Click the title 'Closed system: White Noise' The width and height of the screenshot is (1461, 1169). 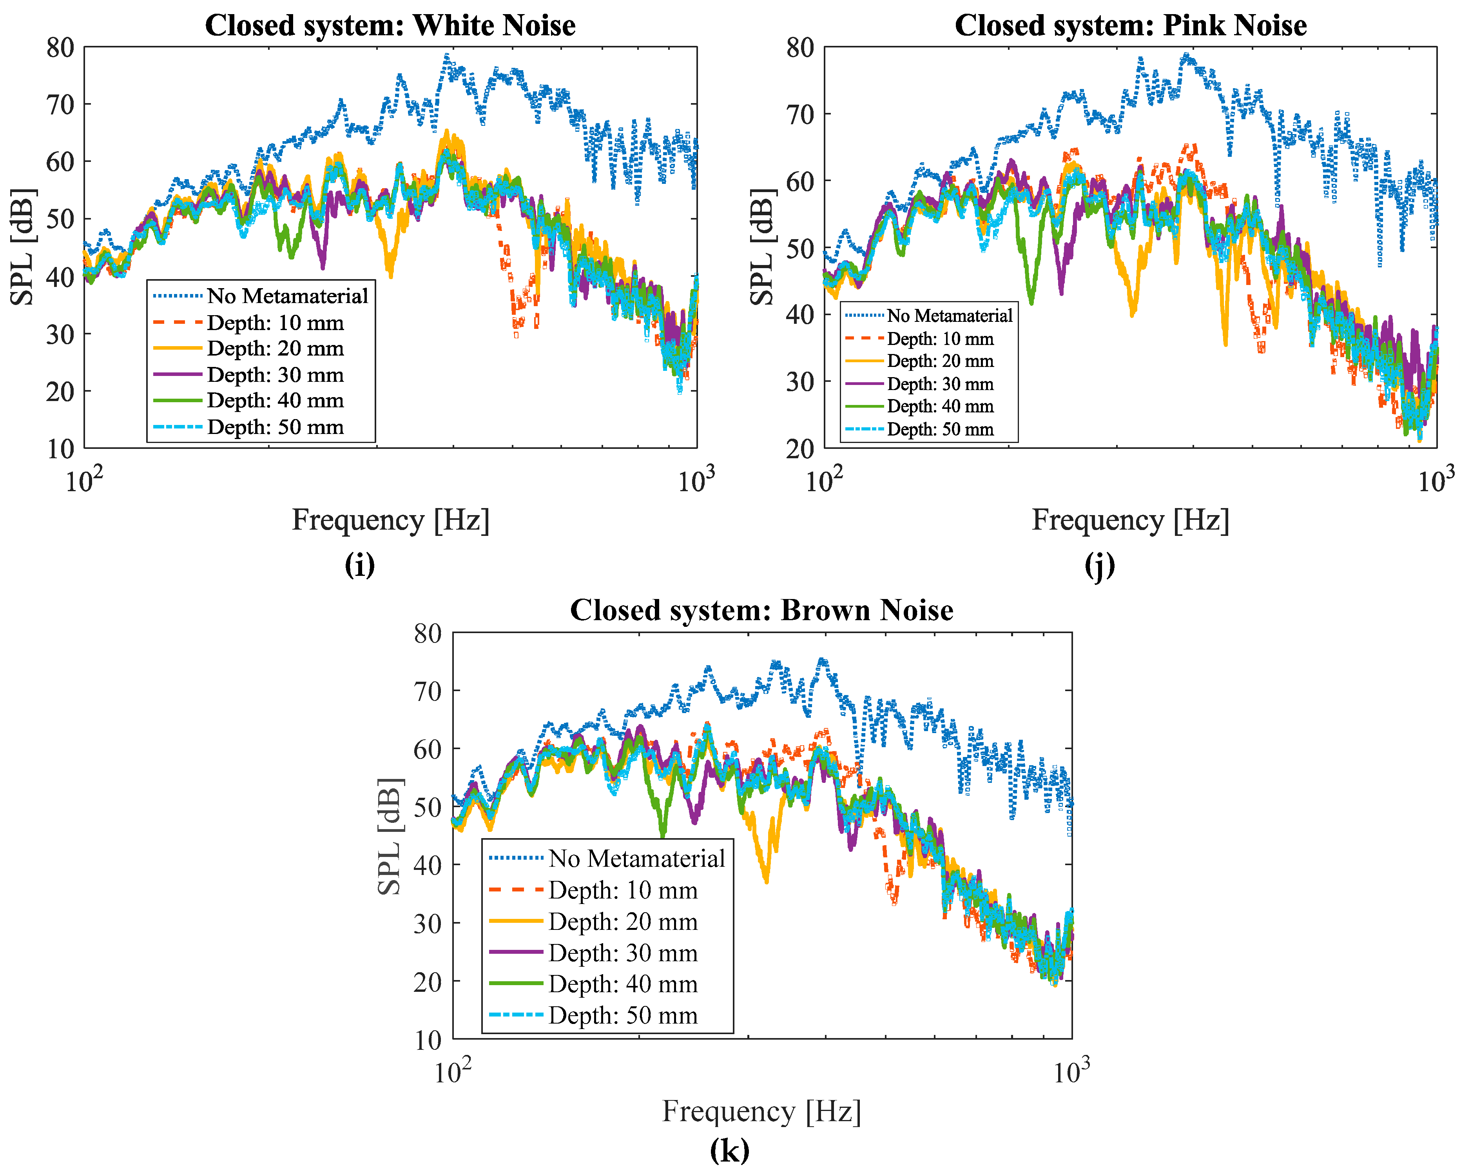390,26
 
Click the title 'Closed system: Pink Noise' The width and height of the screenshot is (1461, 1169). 1130,26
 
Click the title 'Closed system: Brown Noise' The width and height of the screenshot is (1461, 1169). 762,611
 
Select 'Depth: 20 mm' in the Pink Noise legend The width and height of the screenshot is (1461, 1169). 940,361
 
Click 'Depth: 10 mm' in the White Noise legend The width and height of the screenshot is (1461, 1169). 275,323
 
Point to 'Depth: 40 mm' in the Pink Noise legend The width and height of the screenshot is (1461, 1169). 940,407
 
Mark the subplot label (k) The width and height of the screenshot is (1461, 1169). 730,1150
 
